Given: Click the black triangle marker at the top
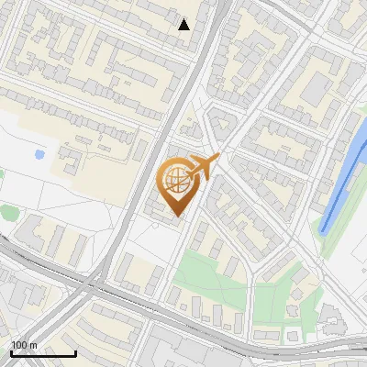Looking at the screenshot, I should tap(184, 25).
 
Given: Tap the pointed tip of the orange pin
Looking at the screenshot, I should tap(176, 216).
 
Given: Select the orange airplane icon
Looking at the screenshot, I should tap(206, 166).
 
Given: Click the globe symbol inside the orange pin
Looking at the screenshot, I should tap(176, 180).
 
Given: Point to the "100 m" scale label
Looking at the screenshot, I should tap(24, 345).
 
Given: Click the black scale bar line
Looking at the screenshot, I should tap(43, 353).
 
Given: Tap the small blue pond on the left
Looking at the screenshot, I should tap(39, 154).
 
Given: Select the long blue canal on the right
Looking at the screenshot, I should tap(344, 180).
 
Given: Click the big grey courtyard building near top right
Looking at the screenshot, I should tap(316, 87).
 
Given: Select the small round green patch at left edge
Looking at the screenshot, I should tap(8, 213).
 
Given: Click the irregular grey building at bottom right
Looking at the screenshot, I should tap(332, 317).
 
